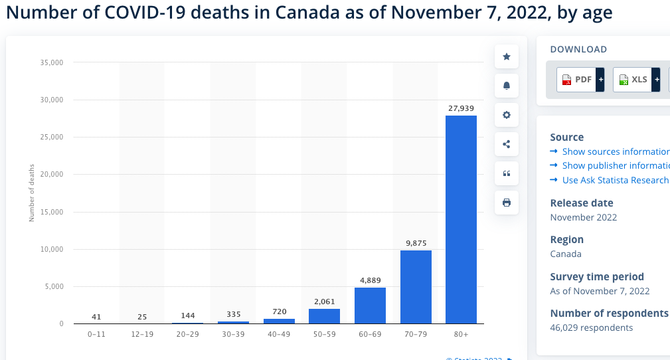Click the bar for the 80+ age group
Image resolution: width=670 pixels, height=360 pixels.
[461, 219]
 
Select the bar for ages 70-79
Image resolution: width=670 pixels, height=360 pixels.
[416, 287]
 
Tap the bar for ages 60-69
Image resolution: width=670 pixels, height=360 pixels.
[370, 306]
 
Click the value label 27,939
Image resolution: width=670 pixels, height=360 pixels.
[461, 108]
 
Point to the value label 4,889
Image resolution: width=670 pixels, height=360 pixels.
[370, 280]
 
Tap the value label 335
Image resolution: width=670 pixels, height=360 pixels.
[234, 314]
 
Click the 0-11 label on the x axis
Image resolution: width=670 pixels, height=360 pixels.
[97, 334]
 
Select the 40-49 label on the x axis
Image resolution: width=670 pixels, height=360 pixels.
[279, 334]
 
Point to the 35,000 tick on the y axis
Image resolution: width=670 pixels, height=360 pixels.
[51, 62]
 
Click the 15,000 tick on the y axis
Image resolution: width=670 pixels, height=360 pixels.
[51, 212]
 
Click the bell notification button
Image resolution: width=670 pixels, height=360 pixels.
[507, 86]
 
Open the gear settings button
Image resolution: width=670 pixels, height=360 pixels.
[507, 115]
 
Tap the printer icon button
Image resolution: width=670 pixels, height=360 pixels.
[507, 203]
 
